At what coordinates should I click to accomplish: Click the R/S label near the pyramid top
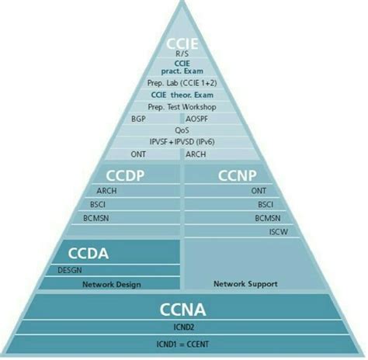pos(183,53)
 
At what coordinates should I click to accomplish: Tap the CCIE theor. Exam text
pos(183,95)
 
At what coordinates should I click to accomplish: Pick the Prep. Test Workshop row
pos(183,107)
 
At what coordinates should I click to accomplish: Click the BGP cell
pos(139,119)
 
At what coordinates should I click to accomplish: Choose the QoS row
pos(183,130)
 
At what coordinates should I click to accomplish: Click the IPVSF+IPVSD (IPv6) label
pos(183,142)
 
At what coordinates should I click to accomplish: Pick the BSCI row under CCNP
pos(265,205)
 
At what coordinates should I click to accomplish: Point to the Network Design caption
pos(112,284)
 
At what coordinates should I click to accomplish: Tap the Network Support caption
pos(245,284)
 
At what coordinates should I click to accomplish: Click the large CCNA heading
pos(183,309)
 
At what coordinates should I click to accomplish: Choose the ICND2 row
pos(183,327)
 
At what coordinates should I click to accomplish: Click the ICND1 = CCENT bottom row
pos(183,342)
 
